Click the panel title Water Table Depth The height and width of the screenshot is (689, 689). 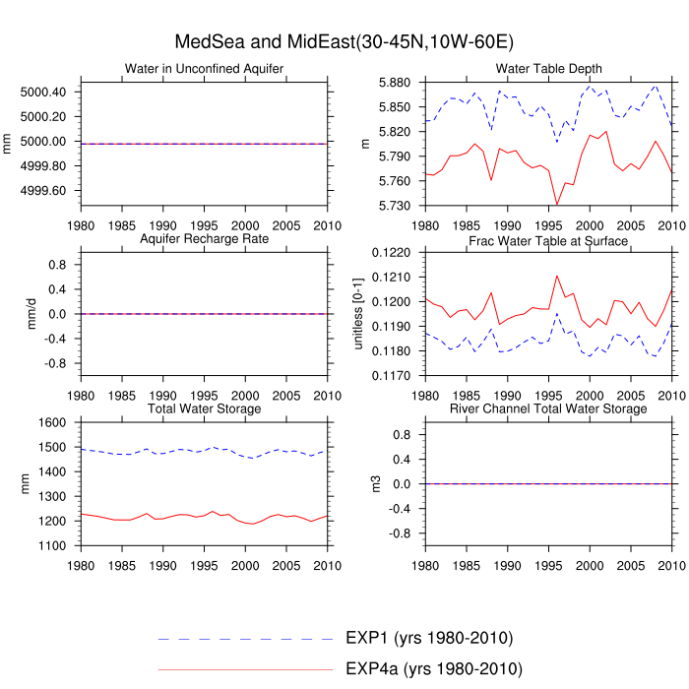[548, 68]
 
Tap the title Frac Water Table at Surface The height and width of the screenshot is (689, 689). [548, 241]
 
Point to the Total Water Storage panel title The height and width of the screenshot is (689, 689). [205, 408]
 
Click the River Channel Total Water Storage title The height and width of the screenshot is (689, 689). [548, 408]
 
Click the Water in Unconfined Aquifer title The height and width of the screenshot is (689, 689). [205, 68]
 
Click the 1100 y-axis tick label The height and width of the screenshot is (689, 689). [52, 545]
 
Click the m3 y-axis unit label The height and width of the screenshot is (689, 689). [366, 484]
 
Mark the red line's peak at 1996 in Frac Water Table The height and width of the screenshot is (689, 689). [557, 276]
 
